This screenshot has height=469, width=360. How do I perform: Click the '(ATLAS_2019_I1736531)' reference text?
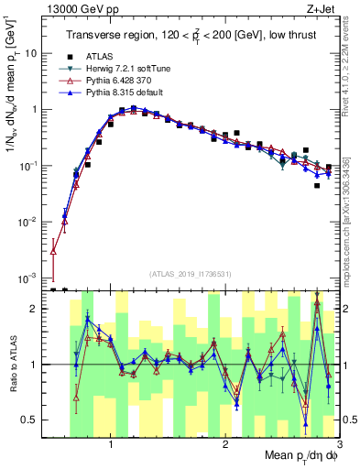point(190,274)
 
